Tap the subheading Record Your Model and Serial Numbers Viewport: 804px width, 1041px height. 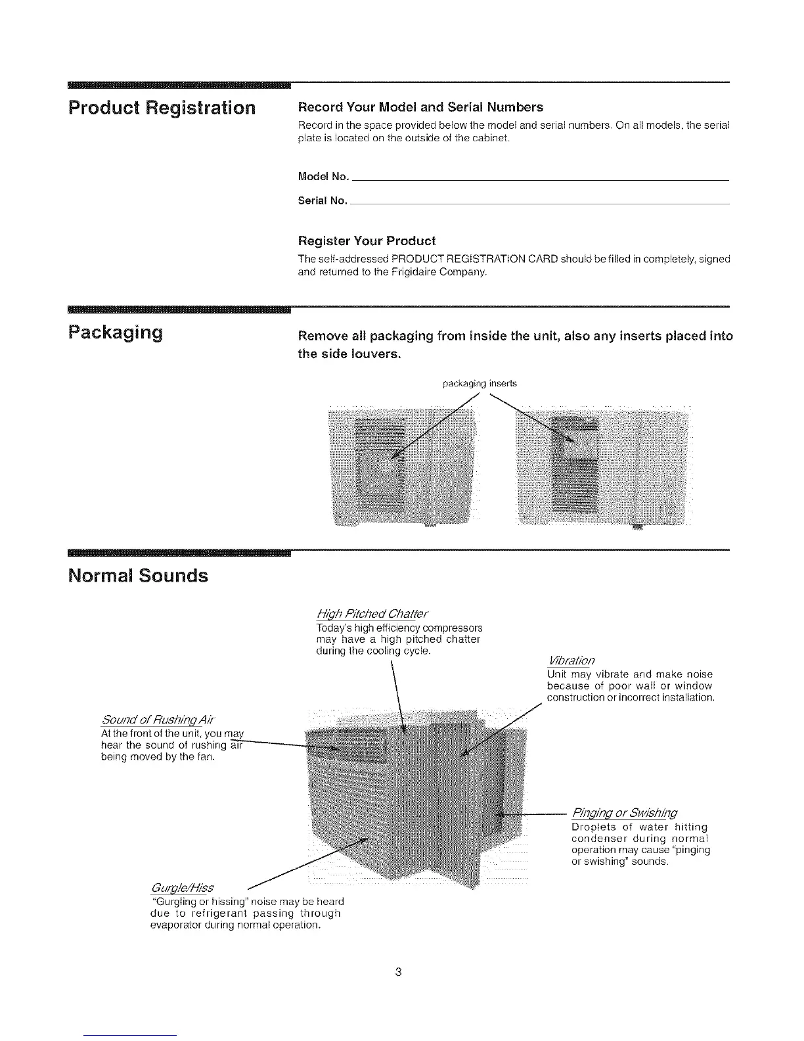coord(420,107)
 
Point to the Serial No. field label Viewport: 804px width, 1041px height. coord(322,201)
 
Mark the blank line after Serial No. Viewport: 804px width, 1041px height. coord(539,204)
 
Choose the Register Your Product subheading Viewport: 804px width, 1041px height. coord(367,241)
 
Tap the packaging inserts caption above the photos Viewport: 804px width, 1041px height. coord(480,383)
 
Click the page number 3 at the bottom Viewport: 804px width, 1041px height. coord(399,972)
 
